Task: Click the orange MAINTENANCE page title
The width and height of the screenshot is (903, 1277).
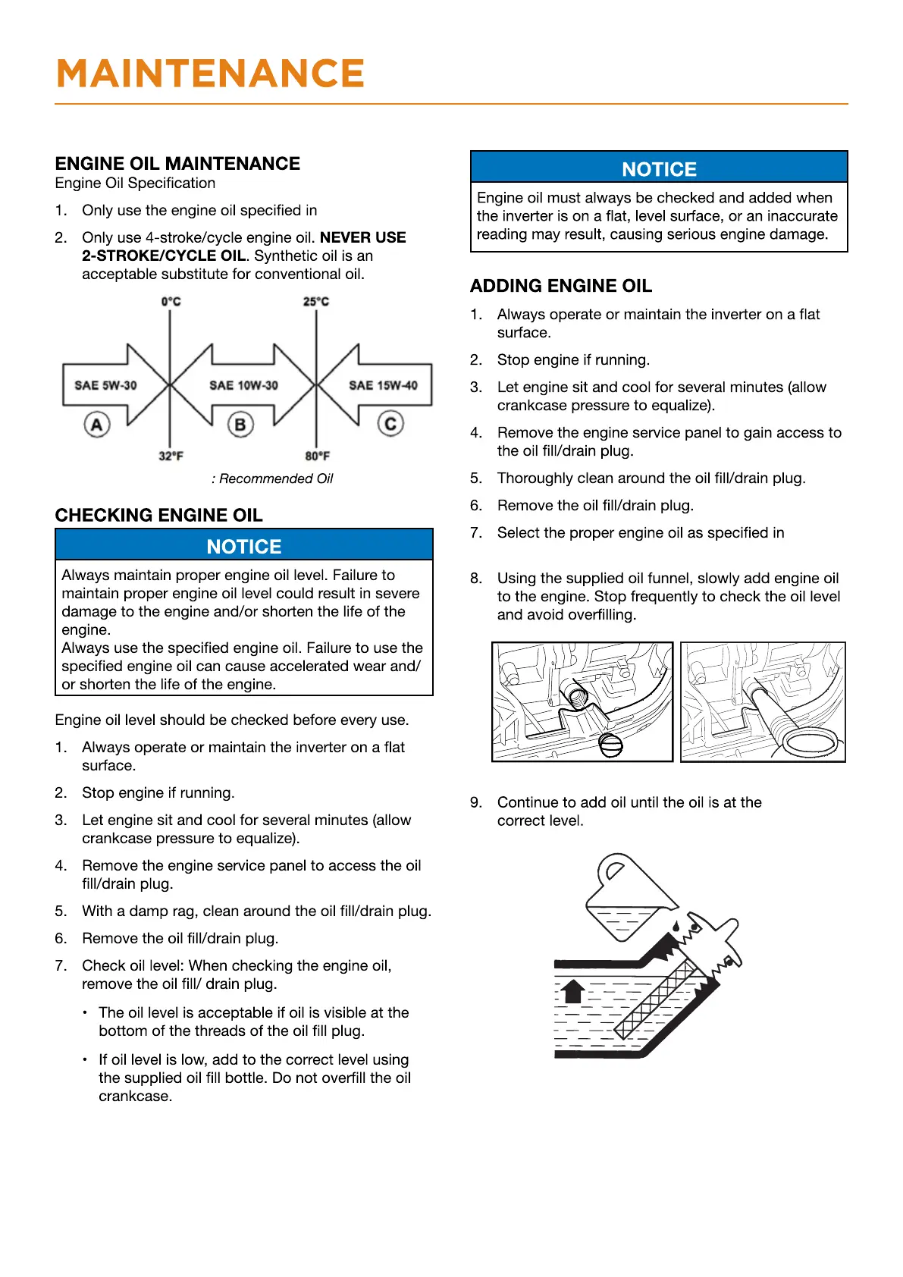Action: click(x=210, y=74)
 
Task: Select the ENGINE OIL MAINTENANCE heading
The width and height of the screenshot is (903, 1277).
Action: click(x=177, y=164)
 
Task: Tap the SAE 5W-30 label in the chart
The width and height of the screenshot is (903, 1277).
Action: click(x=105, y=385)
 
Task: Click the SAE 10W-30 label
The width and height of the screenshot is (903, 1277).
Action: click(x=243, y=385)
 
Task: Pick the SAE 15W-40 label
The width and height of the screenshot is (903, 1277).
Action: click(x=383, y=385)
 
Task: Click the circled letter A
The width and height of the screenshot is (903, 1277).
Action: click(x=96, y=424)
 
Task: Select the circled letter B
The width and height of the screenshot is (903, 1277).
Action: click(x=240, y=424)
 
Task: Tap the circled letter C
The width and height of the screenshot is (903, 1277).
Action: click(x=390, y=423)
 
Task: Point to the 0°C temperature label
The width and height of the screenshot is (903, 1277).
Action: click(x=171, y=302)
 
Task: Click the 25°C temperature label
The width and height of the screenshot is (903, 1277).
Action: click(x=316, y=302)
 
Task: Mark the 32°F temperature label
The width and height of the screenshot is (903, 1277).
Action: click(x=171, y=456)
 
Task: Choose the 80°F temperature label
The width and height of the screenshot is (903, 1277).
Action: click(x=317, y=456)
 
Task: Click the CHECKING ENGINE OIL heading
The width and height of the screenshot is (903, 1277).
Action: click(x=158, y=516)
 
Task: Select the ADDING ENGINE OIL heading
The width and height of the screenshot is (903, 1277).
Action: click(x=560, y=286)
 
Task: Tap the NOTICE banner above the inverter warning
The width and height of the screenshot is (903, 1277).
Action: click(x=659, y=169)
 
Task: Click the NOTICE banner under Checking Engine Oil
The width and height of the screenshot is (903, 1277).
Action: click(x=243, y=546)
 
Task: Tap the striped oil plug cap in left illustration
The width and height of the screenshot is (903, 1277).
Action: click(x=610, y=745)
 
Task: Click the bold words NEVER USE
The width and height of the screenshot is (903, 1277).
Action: click(x=362, y=237)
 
